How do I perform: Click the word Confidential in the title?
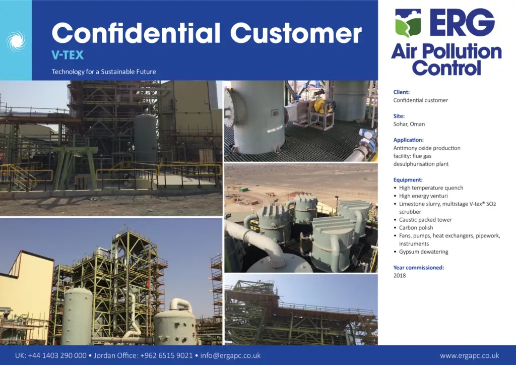coord(136,33)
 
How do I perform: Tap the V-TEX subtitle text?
coord(68,55)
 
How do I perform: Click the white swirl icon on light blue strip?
coord(16,40)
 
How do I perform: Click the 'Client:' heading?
coord(402,92)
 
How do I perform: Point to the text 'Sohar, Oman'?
coord(409,124)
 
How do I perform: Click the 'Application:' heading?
coord(408,140)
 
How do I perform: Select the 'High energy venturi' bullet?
coord(423,196)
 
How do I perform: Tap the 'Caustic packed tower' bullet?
coord(425,219)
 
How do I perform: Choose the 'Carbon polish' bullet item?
coord(416,228)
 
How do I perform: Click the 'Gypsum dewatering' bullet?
coord(423,252)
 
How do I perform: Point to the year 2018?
coord(400,275)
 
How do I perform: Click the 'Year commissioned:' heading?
coord(419,268)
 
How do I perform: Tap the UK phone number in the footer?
coord(50,355)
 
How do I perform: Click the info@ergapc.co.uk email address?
coord(230,355)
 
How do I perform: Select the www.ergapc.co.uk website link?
coord(469,355)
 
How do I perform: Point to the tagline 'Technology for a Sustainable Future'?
coord(104,72)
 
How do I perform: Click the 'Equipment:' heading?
coord(408,179)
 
